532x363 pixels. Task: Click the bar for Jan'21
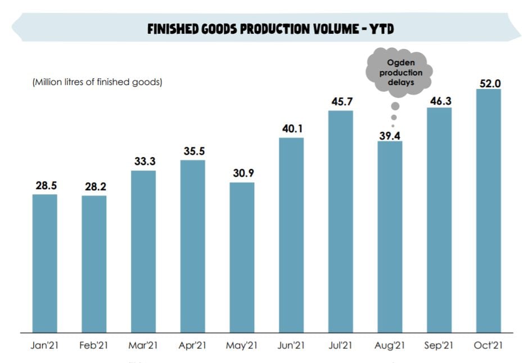pyautogui.click(x=44, y=263)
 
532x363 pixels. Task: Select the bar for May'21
pyautogui.click(x=242, y=257)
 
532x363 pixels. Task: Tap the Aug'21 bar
pyautogui.click(x=390, y=236)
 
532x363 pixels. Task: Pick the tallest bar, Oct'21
pyautogui.click(x=488, y=210)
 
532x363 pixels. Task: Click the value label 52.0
pyautogui.click(x=489, y=83)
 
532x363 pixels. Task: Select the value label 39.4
pyautogui.click(x=390, y=135)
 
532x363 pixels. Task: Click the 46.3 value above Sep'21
pyautogui.click(x=439, y=101)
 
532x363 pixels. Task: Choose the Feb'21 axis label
pyautogui.click(x=94, y=346)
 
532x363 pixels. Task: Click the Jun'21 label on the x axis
pyautogui.click(x=291, y=346)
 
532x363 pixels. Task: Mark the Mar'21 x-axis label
pyautogui.click(x=143, y=346)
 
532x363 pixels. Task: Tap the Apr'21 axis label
pyautogui.click(x=192, y=346)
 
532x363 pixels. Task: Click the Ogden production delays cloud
pyautogui.click(x=398, y=73)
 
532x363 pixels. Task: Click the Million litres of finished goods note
pyautogui.click(x=97, y=82)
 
